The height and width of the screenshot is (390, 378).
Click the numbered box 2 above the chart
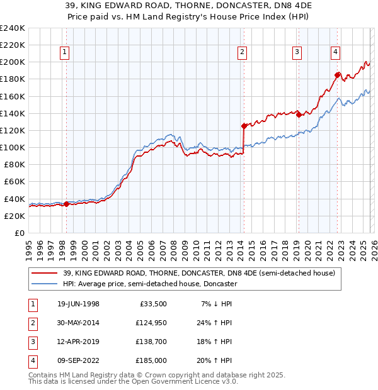[x=242, y=52]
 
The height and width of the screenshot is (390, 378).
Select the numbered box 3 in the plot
[x=297, y=52]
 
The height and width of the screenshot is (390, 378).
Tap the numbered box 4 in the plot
[x=336, y=52]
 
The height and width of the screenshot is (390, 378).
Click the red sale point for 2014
[x=243, y=126]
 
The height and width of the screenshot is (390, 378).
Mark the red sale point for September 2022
[x=338, y=75]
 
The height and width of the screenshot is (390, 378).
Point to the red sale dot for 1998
[x=67, y=203]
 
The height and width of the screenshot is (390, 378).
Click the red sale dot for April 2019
[x=299, y=114]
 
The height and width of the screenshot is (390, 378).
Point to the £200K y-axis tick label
[x=13, y=62]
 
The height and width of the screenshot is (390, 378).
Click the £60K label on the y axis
[x=14, y=182]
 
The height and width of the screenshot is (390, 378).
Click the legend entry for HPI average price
[x=149, y=284]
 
